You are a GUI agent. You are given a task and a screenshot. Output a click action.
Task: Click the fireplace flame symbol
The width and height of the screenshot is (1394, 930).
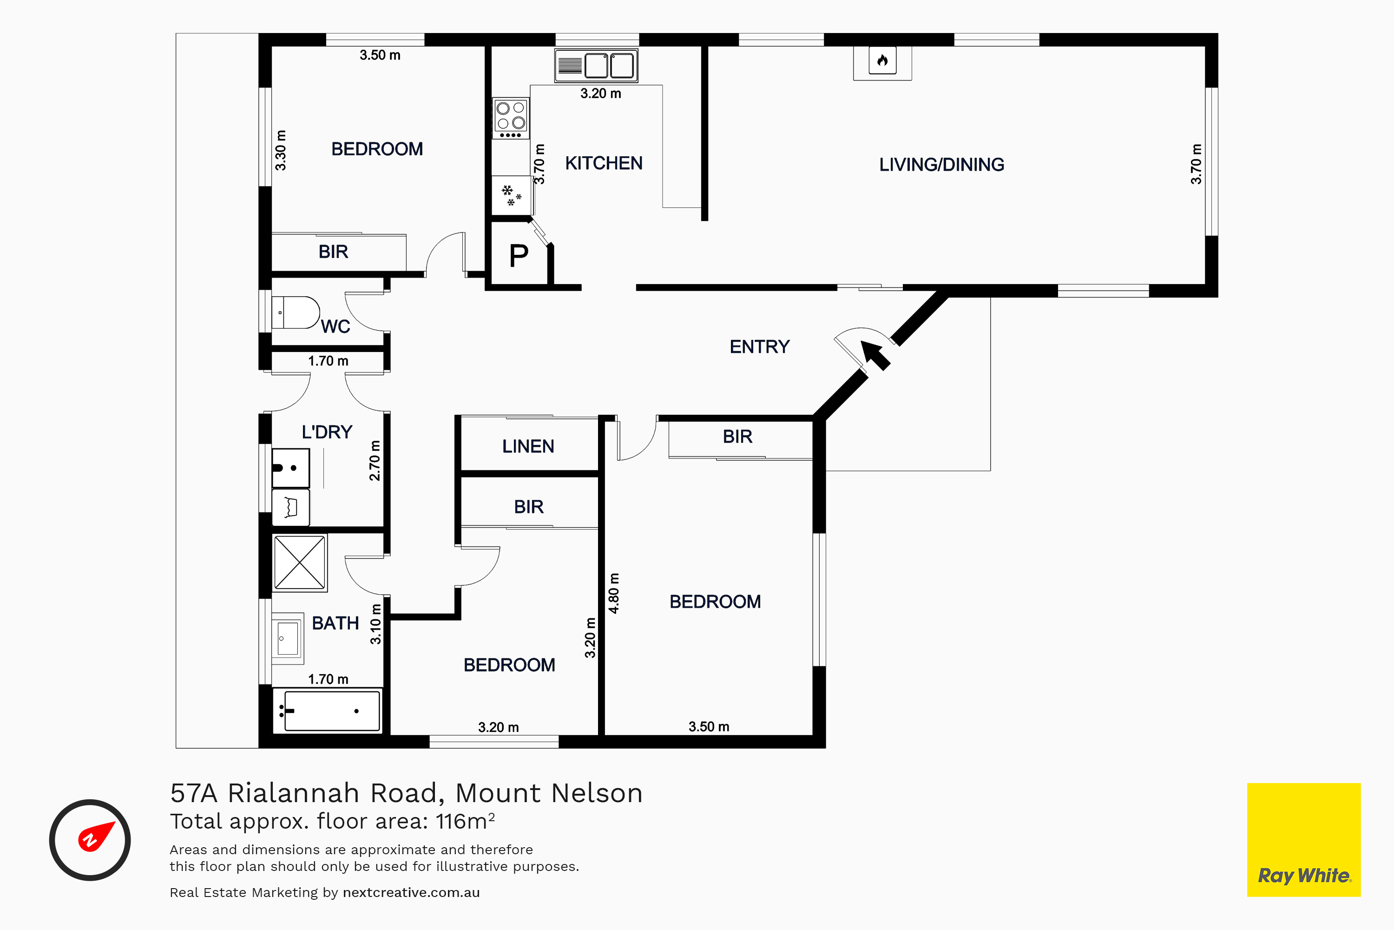click(882, 60)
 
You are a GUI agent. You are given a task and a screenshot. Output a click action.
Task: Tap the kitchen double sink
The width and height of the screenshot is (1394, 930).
click(596, 65)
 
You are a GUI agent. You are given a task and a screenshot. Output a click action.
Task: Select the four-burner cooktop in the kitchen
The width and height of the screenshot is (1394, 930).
click(511, 119)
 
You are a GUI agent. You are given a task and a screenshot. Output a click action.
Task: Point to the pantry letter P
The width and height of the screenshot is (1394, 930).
click(519, 256)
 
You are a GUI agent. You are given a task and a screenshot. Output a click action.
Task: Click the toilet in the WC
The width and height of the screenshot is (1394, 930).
click(296, 312)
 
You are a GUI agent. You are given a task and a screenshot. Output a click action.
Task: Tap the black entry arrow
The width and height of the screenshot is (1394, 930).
click(875, 355)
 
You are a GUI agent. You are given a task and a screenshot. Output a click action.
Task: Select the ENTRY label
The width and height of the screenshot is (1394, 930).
click(759, 346)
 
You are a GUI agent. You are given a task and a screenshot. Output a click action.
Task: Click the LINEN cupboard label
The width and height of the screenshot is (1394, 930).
click(528, 446)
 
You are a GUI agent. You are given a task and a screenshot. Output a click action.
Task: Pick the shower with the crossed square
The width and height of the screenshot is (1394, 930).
click(300, 563)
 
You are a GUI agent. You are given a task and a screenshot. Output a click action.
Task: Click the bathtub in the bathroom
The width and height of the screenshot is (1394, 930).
click(328, 711)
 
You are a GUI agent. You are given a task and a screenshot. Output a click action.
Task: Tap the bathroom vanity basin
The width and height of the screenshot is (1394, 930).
click(288, 638)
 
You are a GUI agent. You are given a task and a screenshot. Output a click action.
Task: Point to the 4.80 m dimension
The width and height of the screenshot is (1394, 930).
click(614, 593)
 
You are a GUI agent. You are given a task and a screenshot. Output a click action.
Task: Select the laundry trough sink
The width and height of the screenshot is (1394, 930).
click(290, 468)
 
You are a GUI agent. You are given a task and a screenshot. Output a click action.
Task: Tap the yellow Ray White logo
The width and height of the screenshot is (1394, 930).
click(1304, 839)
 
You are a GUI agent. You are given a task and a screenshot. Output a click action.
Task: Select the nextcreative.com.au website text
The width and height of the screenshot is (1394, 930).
click(411, 893)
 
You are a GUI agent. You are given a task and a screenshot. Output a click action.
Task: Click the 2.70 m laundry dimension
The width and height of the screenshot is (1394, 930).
click(375, 461)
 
